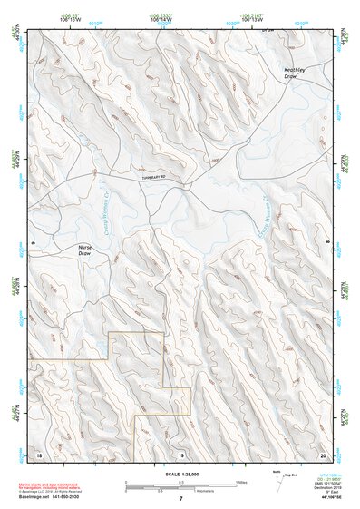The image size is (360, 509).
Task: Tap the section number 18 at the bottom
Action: (38, 453)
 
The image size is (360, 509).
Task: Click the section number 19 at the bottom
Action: (180, 453)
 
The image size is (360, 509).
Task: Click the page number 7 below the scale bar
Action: (180, 498)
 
